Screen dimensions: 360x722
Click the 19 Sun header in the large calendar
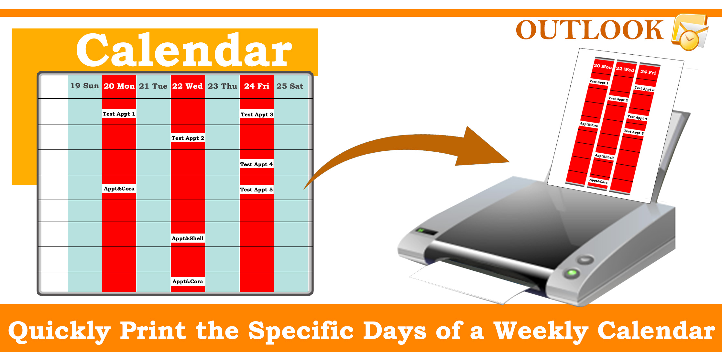pyautogui.click(x=85, y=86)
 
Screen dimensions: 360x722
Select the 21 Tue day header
pyautogui.click(x=153, y=86)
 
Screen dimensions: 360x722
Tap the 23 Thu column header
pyautogui.click(x=223, y=86)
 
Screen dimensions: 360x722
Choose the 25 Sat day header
pyautogui.click(x=290, y=86)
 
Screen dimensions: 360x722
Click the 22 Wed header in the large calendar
pyautogui.click(x=188, y=86)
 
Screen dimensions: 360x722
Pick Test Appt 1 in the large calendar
pyautogui.click(x=119, y=114)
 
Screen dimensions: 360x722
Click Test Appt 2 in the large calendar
pyautogui.click(x=188, y=138)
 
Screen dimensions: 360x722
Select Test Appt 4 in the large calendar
pyautogui.click(x=257, y=164)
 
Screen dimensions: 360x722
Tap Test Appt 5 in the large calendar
pyautogui.click(x=257, y=190)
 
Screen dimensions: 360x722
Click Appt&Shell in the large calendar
pyautogui.click(x=188, y=238)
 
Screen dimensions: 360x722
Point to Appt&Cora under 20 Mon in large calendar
pyautogui.click(x=119, y=189)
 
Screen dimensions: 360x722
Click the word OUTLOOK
pyautogui.click(x=589, y=30)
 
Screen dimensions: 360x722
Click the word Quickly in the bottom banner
pyautogui.click(x=59, y=331)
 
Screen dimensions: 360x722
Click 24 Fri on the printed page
pyautogui.click(x=648, y=72)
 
